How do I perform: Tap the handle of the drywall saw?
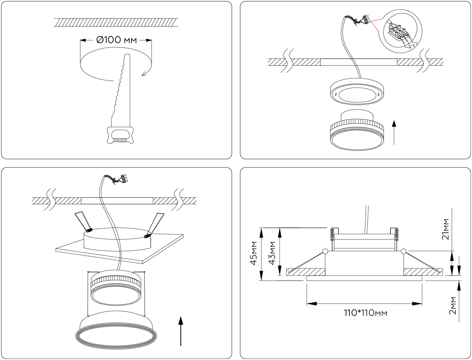pos(120,136)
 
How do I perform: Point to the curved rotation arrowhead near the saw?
pos(144,74)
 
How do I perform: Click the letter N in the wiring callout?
pos(410,48)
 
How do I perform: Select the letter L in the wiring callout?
pos(417,42)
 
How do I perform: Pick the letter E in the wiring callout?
pos(414,45)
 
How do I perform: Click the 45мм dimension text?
pos(254,253)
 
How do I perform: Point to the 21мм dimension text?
pos(446,229)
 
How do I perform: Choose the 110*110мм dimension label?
pos(365,312)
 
